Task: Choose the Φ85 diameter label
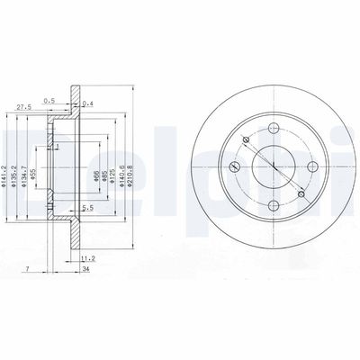pyautogui.click(x=104, y=165)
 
